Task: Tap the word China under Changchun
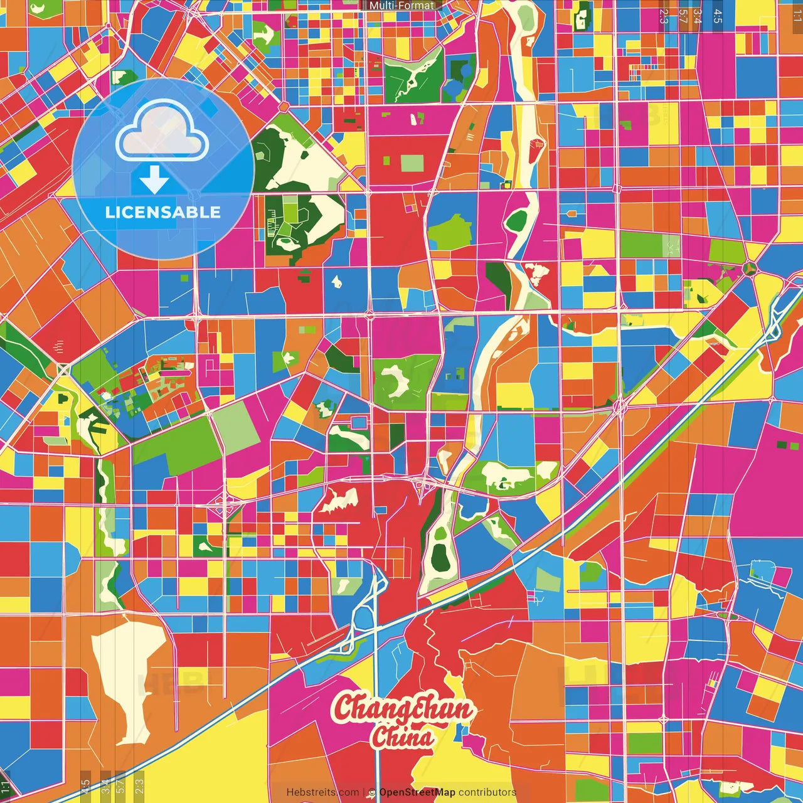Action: [402, 737]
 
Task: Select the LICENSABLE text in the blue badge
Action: [162, 212]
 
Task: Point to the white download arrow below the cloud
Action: [154, 180]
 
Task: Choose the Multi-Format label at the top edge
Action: [401, 6]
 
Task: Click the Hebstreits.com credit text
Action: [322, 792]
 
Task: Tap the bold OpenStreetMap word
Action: [417, 792]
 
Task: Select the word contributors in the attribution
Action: [487, 792]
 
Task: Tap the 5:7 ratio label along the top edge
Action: [683, 15]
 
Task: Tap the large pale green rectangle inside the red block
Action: [412, 164]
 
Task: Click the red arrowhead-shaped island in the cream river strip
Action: [536, 151]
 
